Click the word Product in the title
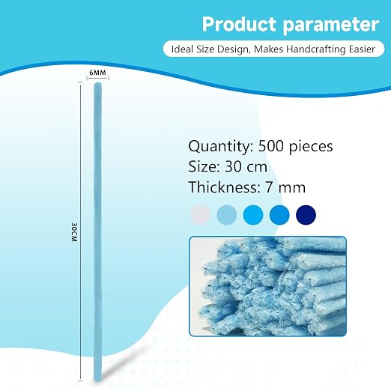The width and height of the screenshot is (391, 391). click(239, 24)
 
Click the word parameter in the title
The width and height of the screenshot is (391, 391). click(331, 25)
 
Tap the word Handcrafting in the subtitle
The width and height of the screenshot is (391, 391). click(316, 49)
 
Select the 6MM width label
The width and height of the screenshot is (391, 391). click(97, 73)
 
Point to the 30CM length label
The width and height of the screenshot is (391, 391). click(74, 232)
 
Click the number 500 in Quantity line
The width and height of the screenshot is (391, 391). click(271, 146)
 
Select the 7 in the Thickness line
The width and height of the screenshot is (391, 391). click(268, 187)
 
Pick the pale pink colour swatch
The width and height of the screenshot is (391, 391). click(201, 215)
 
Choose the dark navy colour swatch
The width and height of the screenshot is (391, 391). click(306, 215)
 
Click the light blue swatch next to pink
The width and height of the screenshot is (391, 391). click(227, 215)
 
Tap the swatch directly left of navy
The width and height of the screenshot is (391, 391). click(279, 215)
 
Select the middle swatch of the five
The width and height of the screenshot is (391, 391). click(253, 215)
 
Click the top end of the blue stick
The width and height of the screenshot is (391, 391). click(97, 84)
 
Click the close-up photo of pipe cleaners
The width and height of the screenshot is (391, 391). click(268, 286)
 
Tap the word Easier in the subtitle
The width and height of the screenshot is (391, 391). click(362, 49)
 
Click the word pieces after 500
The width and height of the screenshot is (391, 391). click(311, 147)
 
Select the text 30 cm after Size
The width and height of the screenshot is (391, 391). click(246, 167)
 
